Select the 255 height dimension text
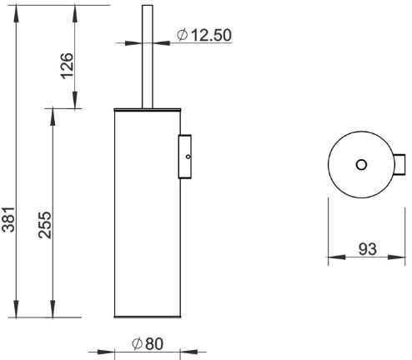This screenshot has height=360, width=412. tap(45, 225)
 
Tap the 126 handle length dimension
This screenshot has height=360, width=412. tap(68, 66)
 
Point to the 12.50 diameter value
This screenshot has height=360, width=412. tap(212, 35)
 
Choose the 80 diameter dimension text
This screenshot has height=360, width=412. tap(154, 343)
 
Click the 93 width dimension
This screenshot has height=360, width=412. tap(368, 249)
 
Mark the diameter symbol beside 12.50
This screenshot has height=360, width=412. tap(183, 35)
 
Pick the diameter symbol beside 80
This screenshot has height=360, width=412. tap(138, 343)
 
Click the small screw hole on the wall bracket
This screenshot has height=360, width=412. tap(188, 157)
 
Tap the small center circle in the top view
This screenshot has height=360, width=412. tap(361, 165)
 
